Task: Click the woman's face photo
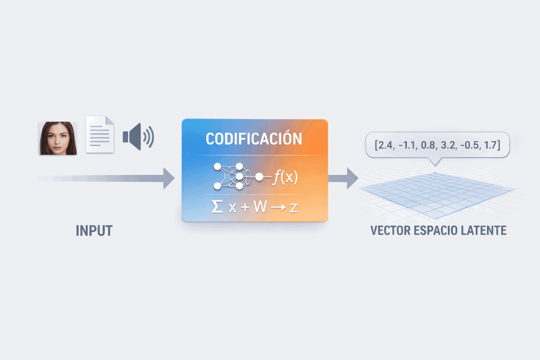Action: [x=58, y=138]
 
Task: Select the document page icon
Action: [x=100, y=135]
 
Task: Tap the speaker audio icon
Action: [x=138, y=137]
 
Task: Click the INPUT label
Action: [x=94, y=231]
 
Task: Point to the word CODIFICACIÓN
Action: [x=254, y=139]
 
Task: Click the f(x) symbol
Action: [x=285, y=177]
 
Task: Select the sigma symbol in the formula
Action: [x=217, y=206]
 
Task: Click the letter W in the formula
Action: [x=260, y=207]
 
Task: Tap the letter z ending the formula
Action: [x=294, y=207]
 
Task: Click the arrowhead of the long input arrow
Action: [x=169, y=178]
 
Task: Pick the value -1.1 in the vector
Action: [x=407, y=145]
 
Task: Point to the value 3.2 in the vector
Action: [x=448, y=145]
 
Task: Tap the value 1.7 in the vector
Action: [x=491, y=145]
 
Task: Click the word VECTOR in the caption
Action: [x=390, y=231]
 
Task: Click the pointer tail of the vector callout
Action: [x=435, y=162]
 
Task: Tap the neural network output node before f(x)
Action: [x=259, y=177]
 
